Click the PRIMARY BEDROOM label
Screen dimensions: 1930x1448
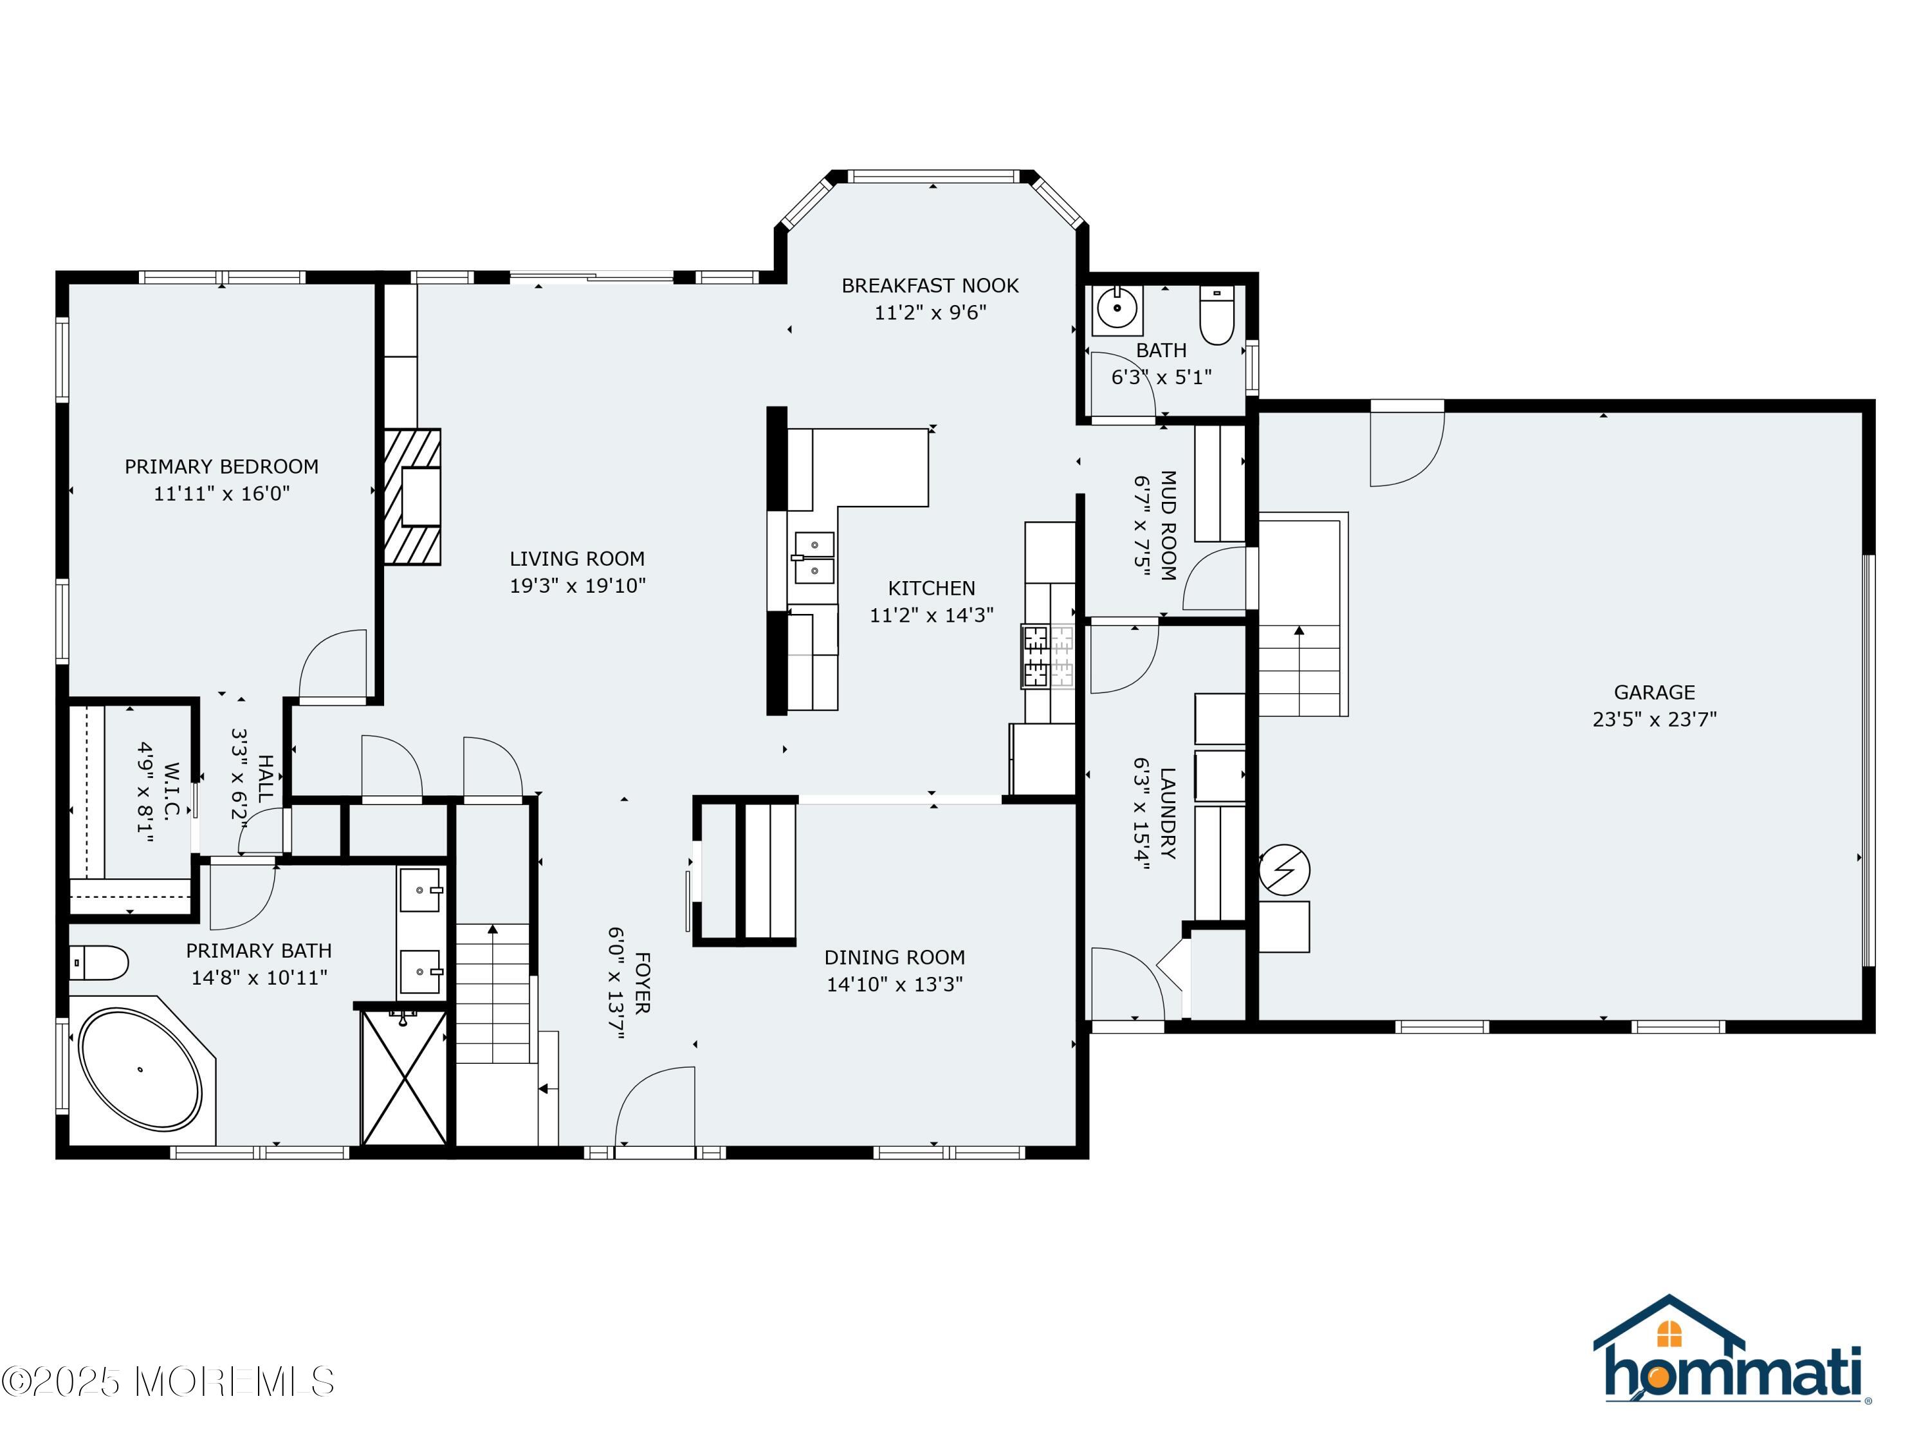pyautogui.click(x=221, y=467)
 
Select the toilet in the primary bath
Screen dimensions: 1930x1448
pyautogui.click(x=98, y=963)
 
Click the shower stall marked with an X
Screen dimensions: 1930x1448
pyautogui.click(x=404, y=1077)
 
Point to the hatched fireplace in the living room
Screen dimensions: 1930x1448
pyautogui.click(x=413, y=497)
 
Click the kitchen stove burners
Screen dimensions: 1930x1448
pyautogui.click(x=1048, y=656)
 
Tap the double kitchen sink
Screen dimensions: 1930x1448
pyautogui.click(x=813, y=559)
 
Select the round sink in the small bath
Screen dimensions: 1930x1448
pyautogui.click(x=1117, y=308)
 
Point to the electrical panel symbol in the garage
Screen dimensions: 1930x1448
pyautogui.click(x=1284, y=870)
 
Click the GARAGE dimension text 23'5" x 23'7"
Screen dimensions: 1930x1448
pyautogui.click(x=1654, y=719)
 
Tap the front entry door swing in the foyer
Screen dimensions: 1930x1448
pyautogui.click(x=654, y=1107)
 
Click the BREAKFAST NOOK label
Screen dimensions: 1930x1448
pyautogui.click(x=930, y=285)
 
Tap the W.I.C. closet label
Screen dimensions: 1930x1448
pyautogui.click(x=171, y=792)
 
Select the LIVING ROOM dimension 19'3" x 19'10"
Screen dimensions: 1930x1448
pyautogui.click(x=578, y=586)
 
